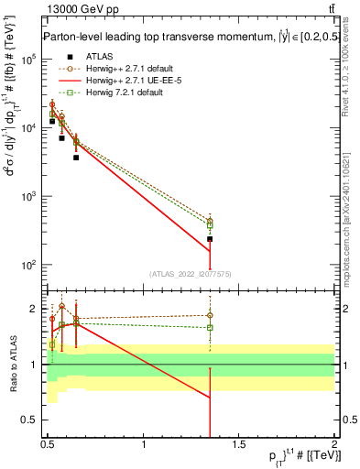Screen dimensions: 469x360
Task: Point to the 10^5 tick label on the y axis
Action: click(x=27, y=60)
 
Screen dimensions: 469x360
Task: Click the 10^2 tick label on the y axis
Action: click(x=27, y=265)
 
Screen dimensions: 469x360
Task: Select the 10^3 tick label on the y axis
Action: click(x=27, y=196)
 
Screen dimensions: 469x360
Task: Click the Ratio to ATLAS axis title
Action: click(x=12, y=365)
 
